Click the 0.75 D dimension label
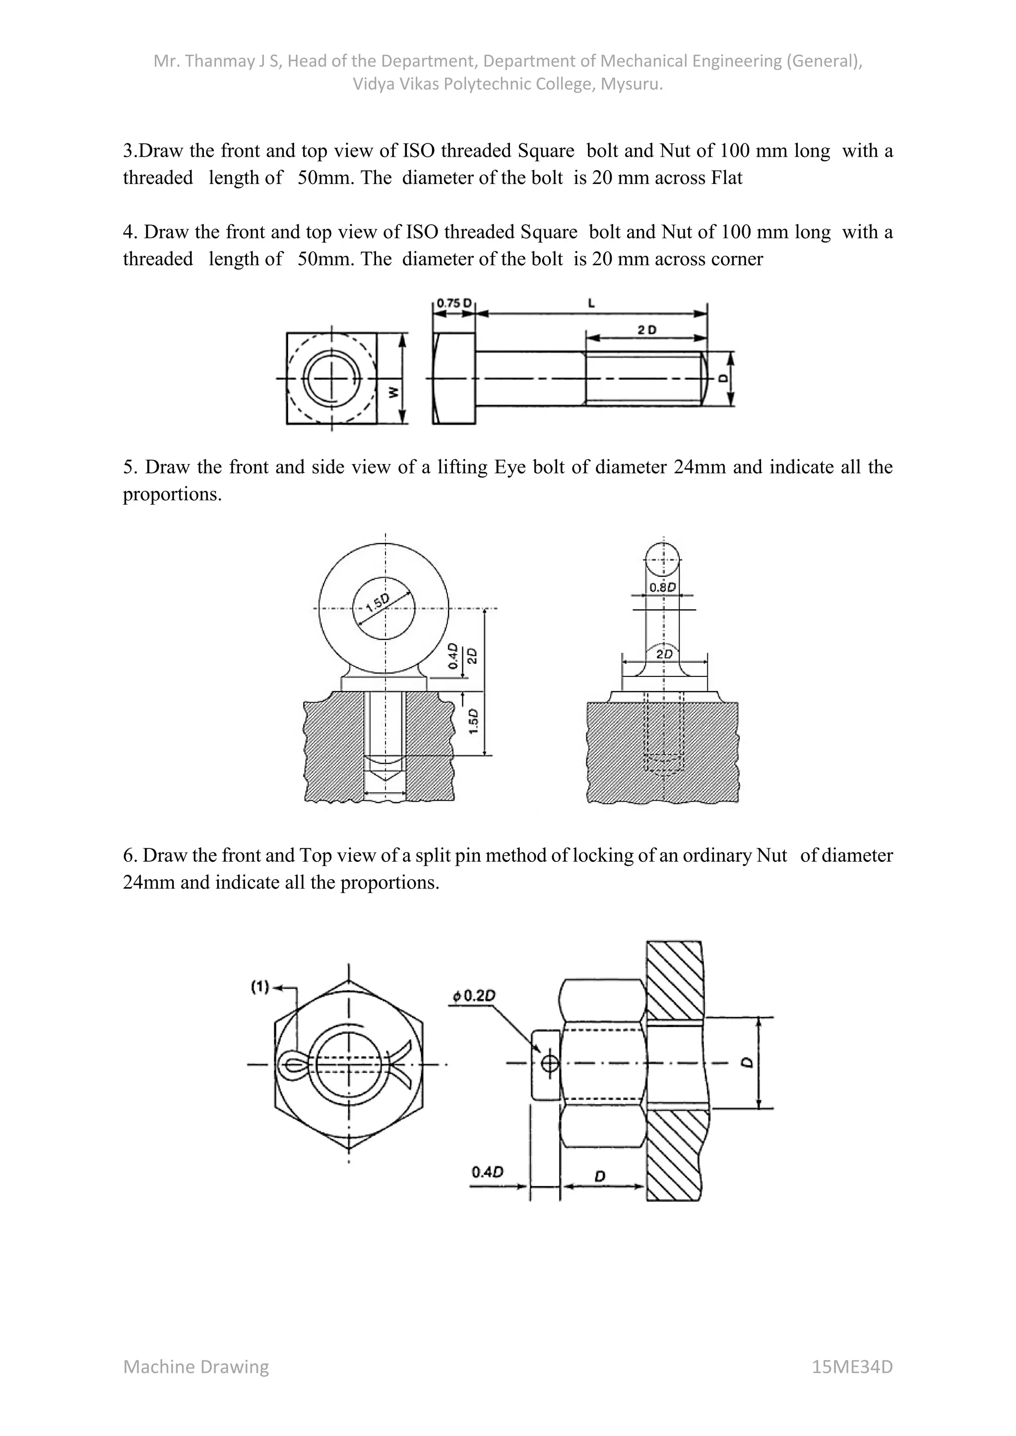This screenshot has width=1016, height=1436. click(x=453, y=302)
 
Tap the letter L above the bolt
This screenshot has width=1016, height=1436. click(x=591, y=303)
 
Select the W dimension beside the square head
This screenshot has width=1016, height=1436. click(x=393, y=392)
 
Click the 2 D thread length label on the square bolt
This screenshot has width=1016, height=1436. click(x=647, y=330)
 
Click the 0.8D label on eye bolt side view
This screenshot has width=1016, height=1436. click(x=662, y=587)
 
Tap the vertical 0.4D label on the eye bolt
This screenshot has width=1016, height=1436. click(x=453, y=656)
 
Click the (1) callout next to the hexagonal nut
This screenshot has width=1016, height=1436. click(x=259, y=987)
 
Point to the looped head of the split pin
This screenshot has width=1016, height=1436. click(x=290, y=1064)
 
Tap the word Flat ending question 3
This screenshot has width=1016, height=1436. click(x=726, y=178)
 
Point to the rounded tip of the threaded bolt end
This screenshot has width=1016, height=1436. click(x=704, y=378)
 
